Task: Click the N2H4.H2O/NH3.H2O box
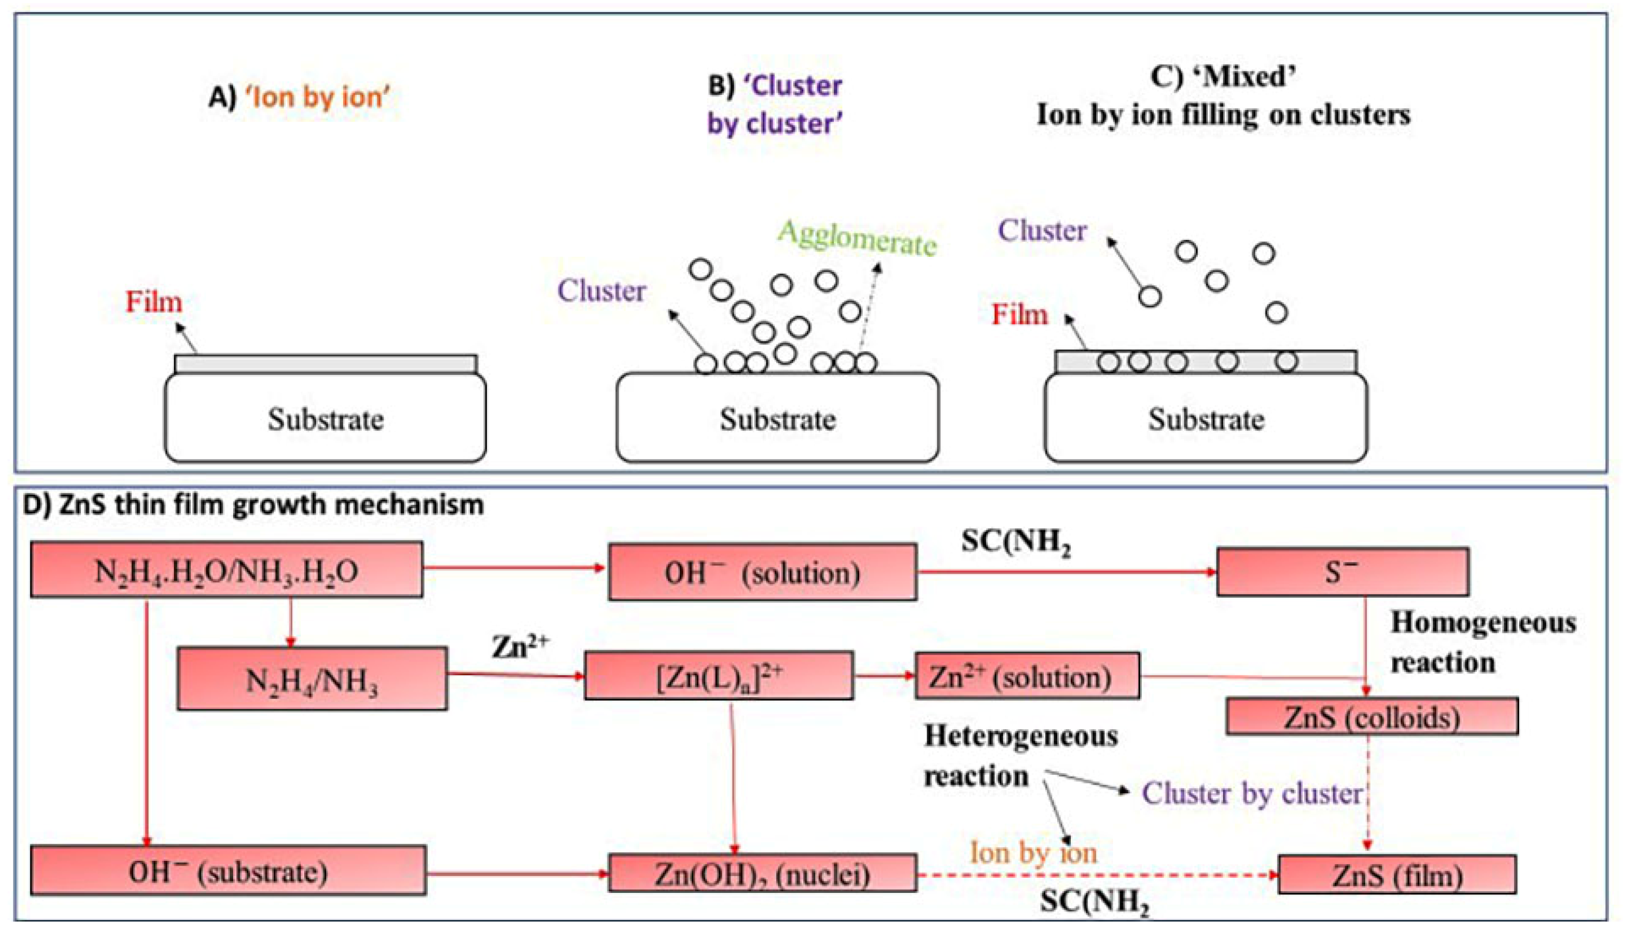(226, 569)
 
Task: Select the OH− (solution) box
(762, 572)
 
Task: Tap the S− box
(1342, 572)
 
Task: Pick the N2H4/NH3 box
(312, 679)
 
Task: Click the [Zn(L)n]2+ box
(718, 676)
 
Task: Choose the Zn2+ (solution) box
(1026, 676)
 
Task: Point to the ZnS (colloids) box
(1371, 716)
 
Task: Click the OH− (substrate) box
(228, 871)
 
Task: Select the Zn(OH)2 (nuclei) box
(762, 873)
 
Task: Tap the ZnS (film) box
(1397, 874)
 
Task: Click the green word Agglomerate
(857, 238)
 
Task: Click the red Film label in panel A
(153, 302)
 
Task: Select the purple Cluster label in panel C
(1042, 230)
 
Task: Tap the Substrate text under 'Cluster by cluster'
(777, 419)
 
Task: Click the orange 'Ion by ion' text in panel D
(1033, 853)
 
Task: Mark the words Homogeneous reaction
(1482, 643)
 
